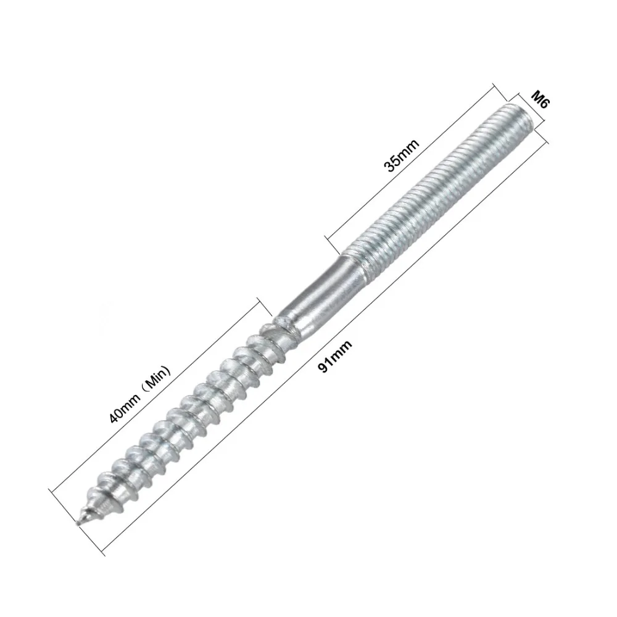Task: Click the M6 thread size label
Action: tap(539, 99)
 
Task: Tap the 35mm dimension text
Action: tap(402, 155)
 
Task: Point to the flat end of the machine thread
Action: tap(520, 115)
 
